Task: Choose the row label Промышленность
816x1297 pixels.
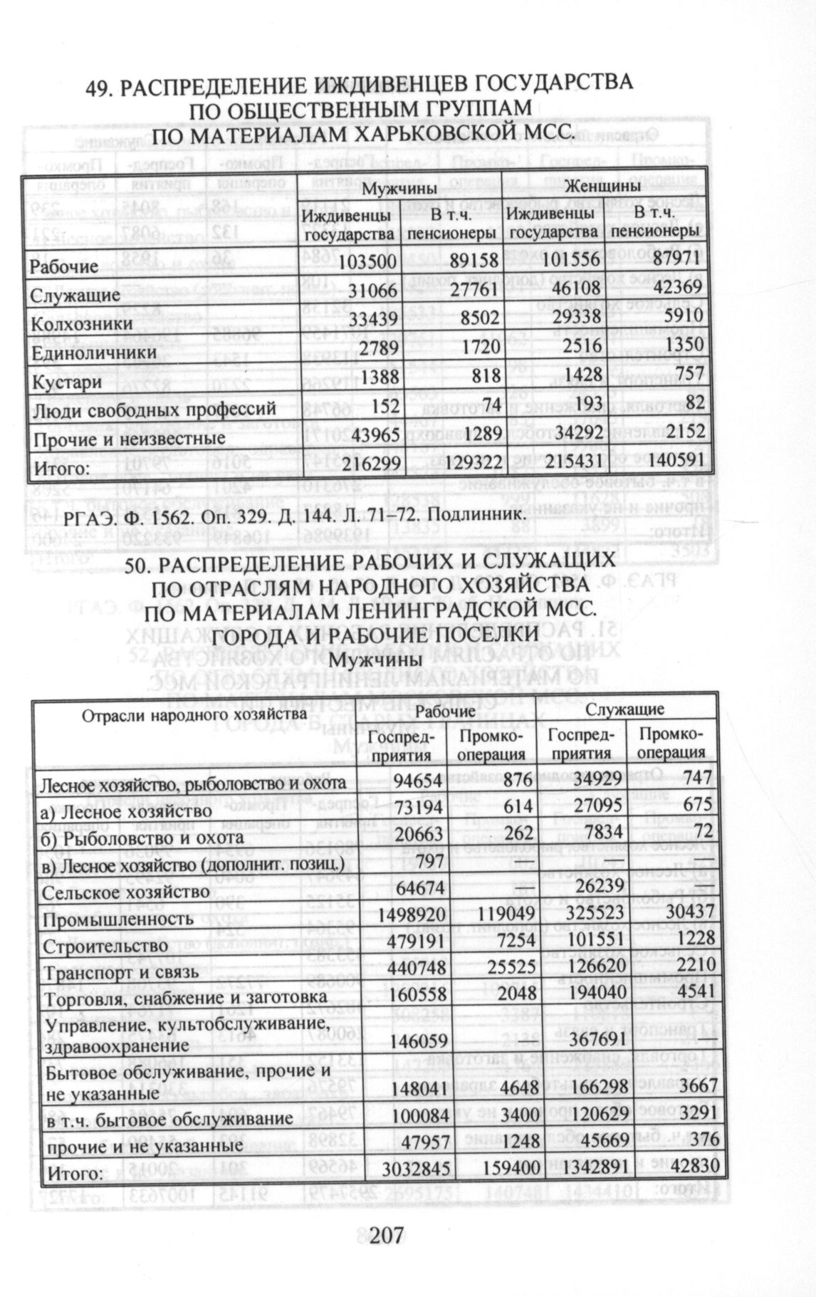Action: [x=117, y=920]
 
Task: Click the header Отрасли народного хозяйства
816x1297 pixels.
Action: [x=194, y=713]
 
